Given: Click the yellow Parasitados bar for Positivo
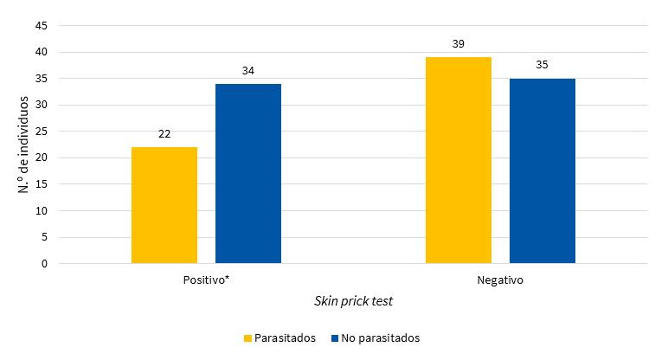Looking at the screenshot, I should [x=164, y=205].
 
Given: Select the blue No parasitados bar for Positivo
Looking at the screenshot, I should [x=248, y=173].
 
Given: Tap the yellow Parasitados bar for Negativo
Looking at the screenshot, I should [x=459, y=160].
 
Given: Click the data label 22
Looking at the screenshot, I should [x=164, y=134].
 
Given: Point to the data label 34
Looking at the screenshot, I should [x=248, y=70].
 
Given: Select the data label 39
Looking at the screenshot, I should [x=459, y=43].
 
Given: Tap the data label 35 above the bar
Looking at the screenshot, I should [x=543, y=65].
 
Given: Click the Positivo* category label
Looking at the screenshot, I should [x=206, y=281].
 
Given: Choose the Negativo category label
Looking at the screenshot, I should [x=500, y=281].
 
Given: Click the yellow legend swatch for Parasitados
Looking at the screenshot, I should [x=248, y=338].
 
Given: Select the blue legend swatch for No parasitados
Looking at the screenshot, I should [x=336, y=338].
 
